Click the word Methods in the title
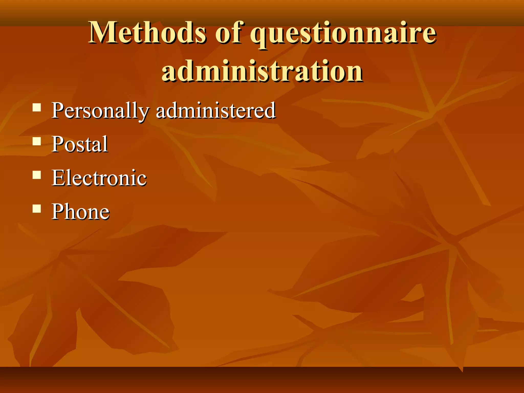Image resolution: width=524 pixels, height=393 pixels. point(147,32)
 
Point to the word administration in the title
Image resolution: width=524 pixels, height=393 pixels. point(262,70)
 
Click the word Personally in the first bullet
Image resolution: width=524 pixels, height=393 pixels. point(100,111)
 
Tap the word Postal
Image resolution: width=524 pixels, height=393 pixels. point(80,144)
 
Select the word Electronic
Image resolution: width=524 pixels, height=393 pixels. point(99,178)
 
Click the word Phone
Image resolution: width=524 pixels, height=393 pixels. point(81,211)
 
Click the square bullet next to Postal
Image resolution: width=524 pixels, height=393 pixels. point(37,141)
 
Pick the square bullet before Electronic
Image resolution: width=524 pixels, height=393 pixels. point(37,175)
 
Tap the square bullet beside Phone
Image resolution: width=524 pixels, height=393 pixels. point(37,209)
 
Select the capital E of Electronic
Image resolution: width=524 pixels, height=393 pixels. point(59,178)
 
